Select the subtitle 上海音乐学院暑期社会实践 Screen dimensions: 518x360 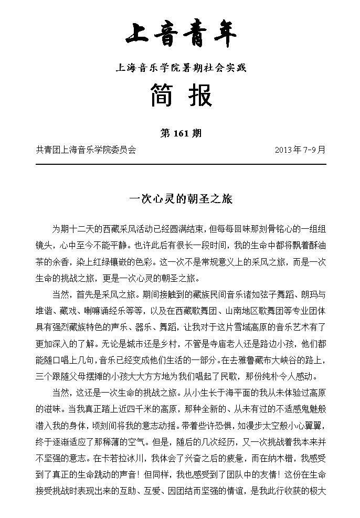tap(181, 68)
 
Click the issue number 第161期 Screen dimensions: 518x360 tap(181, 133)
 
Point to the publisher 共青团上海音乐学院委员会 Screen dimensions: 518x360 tap(86, 150)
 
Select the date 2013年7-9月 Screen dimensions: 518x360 tap(300, 150)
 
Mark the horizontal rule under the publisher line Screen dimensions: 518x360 tap(181, 164)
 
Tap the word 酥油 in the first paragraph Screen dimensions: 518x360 tap(316, 246)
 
